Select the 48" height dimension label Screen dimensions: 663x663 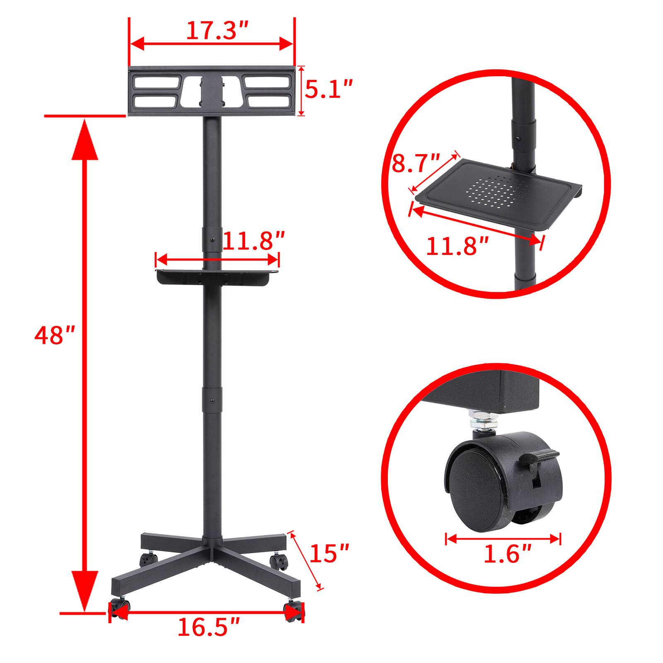pos(54,336)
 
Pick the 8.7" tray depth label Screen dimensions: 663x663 pos(416,163)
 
